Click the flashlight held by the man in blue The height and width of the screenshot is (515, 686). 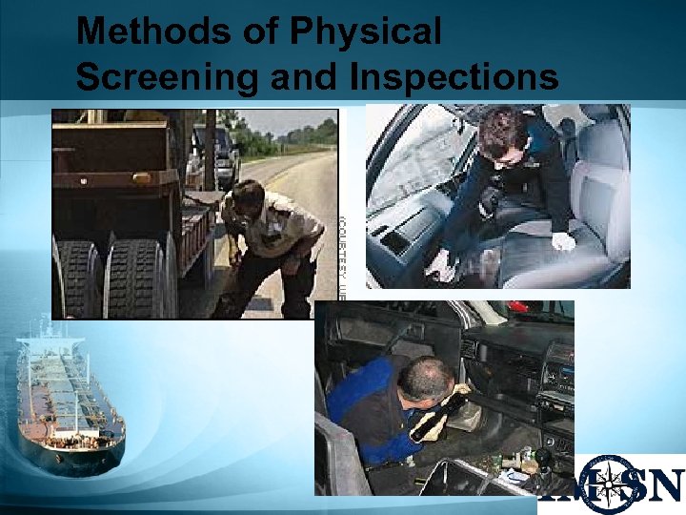439,415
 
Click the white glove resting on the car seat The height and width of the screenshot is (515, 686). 562,242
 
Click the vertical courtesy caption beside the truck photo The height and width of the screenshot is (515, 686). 343,248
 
